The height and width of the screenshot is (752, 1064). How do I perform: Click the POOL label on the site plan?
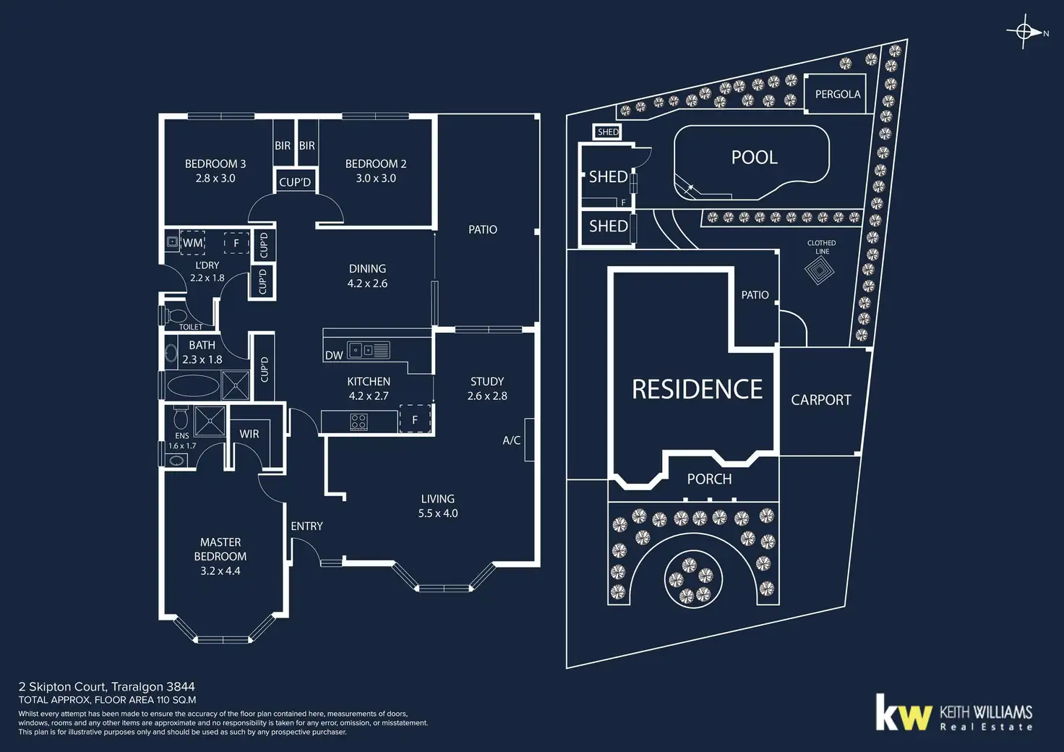(754, 158)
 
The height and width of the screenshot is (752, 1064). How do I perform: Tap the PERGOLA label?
(837, 95)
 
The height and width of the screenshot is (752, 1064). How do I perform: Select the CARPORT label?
(820, 400)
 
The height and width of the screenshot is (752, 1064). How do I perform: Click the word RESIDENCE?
(697, 390)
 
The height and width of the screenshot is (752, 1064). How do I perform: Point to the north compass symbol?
(1024, 32)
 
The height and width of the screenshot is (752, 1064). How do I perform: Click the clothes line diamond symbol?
(819, 271)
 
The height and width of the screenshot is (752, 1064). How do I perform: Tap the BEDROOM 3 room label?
(215, 164)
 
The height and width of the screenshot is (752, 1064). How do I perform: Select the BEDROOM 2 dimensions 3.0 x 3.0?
(376, 179)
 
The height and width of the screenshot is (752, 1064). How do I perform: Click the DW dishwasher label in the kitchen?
(334, 355)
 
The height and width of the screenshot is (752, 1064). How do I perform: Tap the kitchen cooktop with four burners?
(359, 422)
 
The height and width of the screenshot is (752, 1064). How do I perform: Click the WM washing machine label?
(192, 243)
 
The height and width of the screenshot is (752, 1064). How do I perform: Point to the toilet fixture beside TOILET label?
(175, 315)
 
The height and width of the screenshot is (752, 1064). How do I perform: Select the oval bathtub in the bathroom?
(192, 386)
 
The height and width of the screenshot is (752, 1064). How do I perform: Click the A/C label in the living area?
(511, 440)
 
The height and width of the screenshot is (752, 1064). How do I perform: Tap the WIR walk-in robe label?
(249, 434)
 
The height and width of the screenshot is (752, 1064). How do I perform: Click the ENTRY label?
(306, 526)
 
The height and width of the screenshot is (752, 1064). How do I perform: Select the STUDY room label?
(487, 382)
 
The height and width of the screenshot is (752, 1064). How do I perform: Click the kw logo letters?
(903, 714)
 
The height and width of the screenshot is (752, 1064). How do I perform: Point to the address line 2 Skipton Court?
(107, 687)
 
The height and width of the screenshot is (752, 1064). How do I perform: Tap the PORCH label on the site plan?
(709, 479)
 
